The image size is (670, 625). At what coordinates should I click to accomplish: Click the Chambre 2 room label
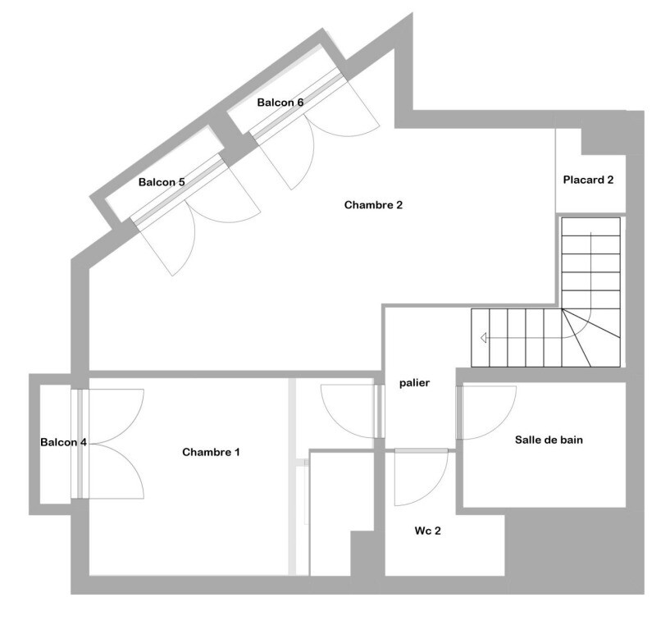(x=373, y=205)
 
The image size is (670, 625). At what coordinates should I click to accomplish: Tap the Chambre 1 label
(x=211, y=452)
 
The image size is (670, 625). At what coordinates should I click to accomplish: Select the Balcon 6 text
(x=280, y=103)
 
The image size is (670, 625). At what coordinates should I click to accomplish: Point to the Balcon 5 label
(x=162, y=183)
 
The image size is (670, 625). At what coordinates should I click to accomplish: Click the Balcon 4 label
(x=63, y=442)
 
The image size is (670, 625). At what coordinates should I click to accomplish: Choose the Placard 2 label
(x=588, y=180)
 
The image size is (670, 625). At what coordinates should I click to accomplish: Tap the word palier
(x=414, y=383)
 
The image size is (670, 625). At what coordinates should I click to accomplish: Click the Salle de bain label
(x=549, y=440)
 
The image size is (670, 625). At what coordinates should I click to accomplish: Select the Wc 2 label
(x=428, y=531)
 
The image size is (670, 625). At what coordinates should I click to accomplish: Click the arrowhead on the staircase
(x=483, y=338)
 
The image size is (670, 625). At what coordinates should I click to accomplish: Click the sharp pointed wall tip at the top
(x=412, y=14)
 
